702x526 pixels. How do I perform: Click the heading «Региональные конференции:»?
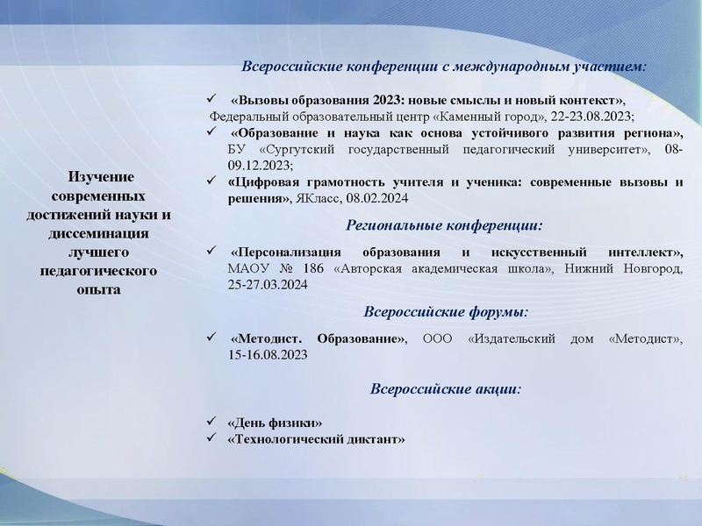(445, 225)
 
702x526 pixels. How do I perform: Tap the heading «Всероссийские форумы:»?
(445, 311)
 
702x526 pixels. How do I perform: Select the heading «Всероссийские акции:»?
(445, 388)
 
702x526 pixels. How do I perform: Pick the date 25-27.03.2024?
(268, 285)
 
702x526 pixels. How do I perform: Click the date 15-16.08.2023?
(268, 355)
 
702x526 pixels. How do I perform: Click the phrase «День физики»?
(275, 423)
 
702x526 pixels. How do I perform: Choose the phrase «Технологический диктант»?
(316, 438)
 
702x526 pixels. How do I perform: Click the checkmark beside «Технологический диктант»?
(210, 437)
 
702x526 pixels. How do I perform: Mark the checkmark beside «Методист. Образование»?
(210, 337)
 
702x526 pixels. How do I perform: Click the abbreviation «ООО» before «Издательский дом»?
(441, 338)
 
